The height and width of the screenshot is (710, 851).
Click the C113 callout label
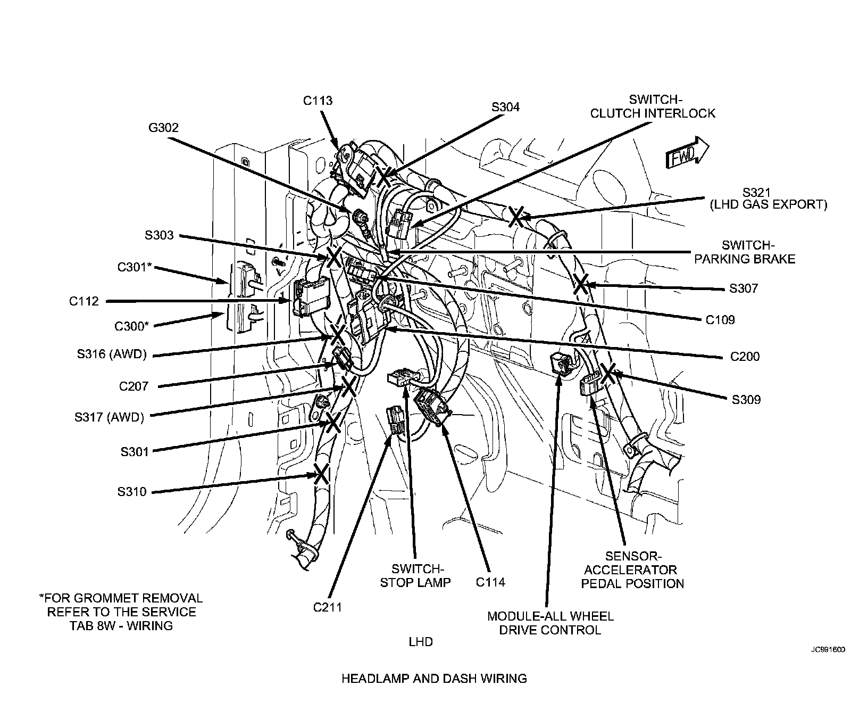click(318, 101)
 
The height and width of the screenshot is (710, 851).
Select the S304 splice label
click(505, 107)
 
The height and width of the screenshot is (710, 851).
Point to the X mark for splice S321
click(515, 216)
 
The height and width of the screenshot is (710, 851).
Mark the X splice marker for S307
click(580, 284)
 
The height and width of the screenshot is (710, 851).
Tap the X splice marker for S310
click(321, 473)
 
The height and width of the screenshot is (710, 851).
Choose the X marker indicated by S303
click(335, 256)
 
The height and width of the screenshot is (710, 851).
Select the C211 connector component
click(395, 420)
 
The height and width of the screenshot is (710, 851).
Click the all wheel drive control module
click(562, 364)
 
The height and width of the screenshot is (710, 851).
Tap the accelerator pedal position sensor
click(590, 384)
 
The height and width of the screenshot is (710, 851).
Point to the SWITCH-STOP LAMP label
click(415, 575)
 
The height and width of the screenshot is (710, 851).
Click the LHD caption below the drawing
click(420, 642)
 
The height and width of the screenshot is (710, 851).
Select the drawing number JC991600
click(828, 650)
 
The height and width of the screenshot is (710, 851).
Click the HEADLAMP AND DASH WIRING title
click(434, 679)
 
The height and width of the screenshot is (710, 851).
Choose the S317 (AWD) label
click(110, 417)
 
